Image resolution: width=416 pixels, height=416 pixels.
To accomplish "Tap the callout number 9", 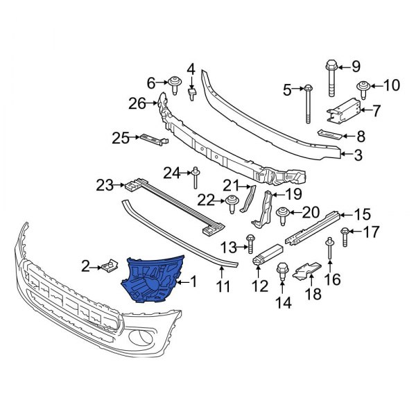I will (356, 67).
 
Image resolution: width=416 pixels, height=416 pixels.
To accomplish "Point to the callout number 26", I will (137, 103).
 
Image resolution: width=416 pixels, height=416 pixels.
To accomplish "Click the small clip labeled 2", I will (109, 265).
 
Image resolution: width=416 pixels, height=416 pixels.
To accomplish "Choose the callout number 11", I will (222, 285).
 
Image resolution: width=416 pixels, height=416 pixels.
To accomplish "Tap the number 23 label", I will (104, 185).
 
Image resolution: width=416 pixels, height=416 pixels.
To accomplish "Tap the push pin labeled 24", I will (196, 178).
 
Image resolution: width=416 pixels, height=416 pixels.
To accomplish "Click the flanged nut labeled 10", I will (362, 87).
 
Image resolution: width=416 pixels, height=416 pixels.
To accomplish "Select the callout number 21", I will (230, 184).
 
